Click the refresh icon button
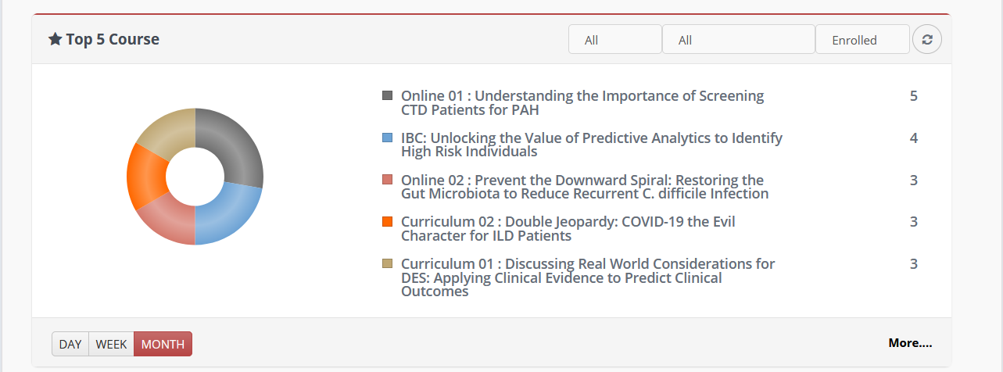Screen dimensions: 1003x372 tap(927, 39)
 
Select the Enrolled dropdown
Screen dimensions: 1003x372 tap(862, 39)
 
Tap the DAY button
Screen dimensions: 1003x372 tap(70, 344)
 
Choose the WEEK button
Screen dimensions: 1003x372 tap(111, 344)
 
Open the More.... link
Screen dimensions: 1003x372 tap(910, 343)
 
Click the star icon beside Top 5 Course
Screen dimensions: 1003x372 tap(55, 39)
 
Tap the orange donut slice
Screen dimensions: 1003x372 tap(145, 176)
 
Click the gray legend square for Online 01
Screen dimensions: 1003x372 tap(387, 95)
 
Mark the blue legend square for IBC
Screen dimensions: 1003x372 tap(387, 138)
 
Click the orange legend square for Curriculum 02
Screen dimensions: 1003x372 tap(387, 222)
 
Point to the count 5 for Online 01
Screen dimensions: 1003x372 tap(913, 96)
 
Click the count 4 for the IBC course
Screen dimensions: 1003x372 tap(913, 138)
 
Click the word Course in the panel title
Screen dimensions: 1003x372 tap(134, 39)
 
